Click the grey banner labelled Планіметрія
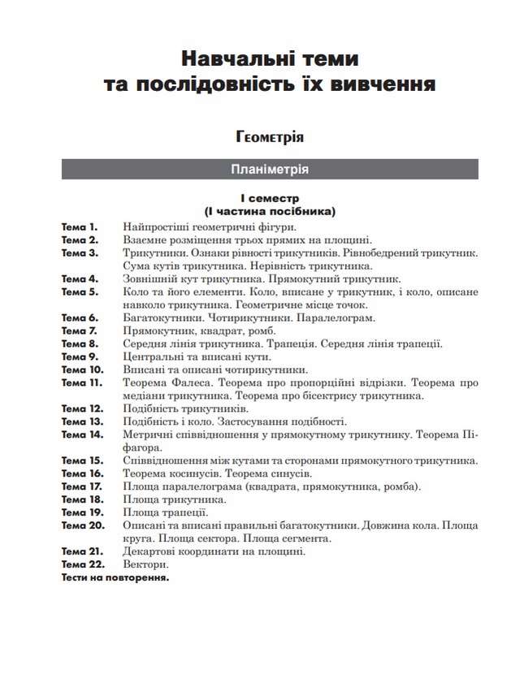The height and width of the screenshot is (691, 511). pos(269,169)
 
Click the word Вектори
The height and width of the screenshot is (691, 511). pos(146,564)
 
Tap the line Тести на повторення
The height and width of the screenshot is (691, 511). pos(115,578)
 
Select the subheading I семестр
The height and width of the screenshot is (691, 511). pos(269,198)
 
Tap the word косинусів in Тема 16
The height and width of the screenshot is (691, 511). pos(194,473)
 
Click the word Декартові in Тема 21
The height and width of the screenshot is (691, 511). pos(150,551)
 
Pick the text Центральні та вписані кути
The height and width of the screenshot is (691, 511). pos(197,356)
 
